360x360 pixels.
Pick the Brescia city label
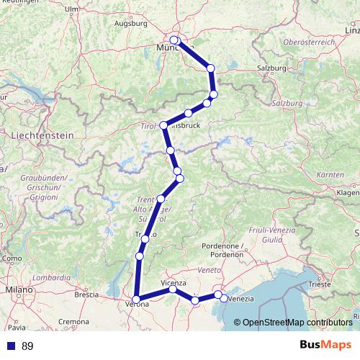pyautogui.click(x=86, y=294)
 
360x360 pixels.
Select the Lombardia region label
pyautogui.click(x=52, y=276)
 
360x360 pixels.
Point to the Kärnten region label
pyautogui.click(x=329, y=175)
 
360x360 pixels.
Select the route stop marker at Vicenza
pyautogui.click(x=173, y=289)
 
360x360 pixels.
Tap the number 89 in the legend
pyautogui.click(x=27, y=346)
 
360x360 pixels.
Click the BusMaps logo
pyautogui.click(x=325, y=346)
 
